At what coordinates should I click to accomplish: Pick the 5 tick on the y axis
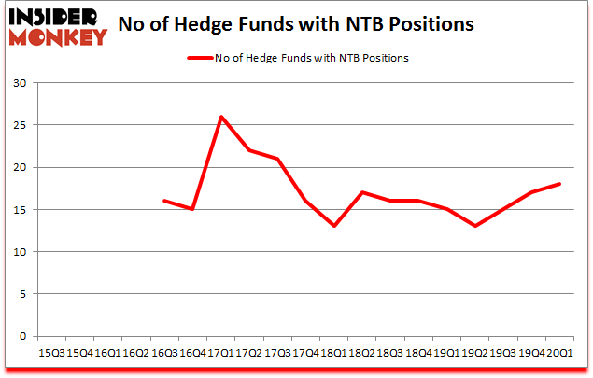[22, 294]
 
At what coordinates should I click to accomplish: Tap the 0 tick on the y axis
[22, 336]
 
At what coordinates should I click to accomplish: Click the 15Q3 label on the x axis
[51, 352]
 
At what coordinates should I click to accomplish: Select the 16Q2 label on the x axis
[135, 352]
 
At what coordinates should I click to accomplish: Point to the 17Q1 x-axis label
[221, 352]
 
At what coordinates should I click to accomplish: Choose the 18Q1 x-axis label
[333, 352]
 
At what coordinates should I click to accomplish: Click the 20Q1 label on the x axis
[558, 352]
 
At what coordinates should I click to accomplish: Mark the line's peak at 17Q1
[221, 117]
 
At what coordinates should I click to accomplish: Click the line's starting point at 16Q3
[164, 201]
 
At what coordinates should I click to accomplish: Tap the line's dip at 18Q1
[333, 226]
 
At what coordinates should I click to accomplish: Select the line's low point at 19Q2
[474, 226]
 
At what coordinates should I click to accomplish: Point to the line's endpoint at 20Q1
[558, 184]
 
